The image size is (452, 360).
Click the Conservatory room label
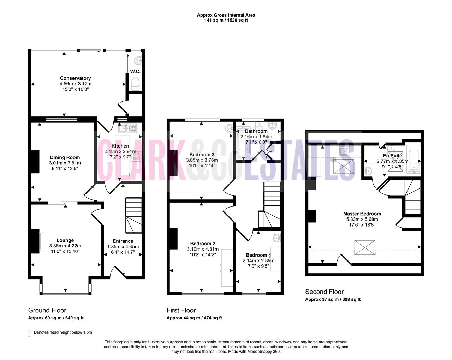tap(76, 78)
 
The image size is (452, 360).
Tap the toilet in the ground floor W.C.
tap(135, 84)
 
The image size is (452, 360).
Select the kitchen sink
tap(127, 128)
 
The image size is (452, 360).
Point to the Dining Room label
tap(65, 157)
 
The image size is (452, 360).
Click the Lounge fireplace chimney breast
tap(35, 241)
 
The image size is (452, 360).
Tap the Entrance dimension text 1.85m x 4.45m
tap(123, 247)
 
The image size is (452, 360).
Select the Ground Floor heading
tap(47, 310)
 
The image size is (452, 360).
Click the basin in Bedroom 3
tap(229, 128)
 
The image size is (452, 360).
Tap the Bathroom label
tap(256, 131)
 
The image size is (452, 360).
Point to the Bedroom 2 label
tap(203, 244)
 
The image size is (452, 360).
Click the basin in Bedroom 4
tap(277, 238)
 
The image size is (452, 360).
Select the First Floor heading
tap(181, 310)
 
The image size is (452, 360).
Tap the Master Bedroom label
tap(362, 214)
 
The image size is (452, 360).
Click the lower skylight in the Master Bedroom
tap(365, 248)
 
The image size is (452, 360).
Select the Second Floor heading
tap(324, 292)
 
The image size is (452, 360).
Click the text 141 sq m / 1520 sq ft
tap(226, 20)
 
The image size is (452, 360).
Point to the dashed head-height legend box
tap(29, 333)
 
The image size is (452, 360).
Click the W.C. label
tap(135, 72)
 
